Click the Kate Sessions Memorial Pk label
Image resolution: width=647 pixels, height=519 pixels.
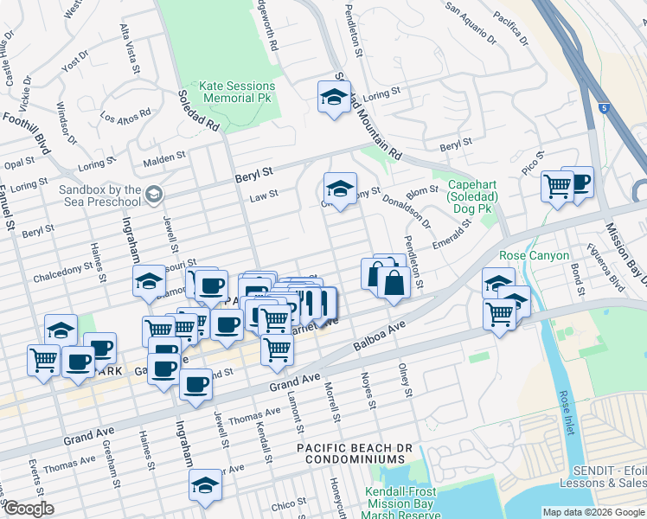click(x=237, y=93)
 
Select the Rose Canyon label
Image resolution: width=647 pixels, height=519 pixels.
click(x=535, y=255)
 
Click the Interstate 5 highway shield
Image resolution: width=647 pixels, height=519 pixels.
click(x=602, y=108)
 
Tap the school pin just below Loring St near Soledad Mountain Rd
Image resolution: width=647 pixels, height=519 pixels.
click(x=333, y=98)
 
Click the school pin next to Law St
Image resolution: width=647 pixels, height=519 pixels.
click(x=341, y=189)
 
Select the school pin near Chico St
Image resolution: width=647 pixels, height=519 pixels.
click(x=205, y=484)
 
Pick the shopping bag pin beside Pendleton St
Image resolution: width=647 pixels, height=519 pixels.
click(x=394, y=284)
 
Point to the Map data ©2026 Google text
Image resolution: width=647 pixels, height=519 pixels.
click(x=593, y=512)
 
